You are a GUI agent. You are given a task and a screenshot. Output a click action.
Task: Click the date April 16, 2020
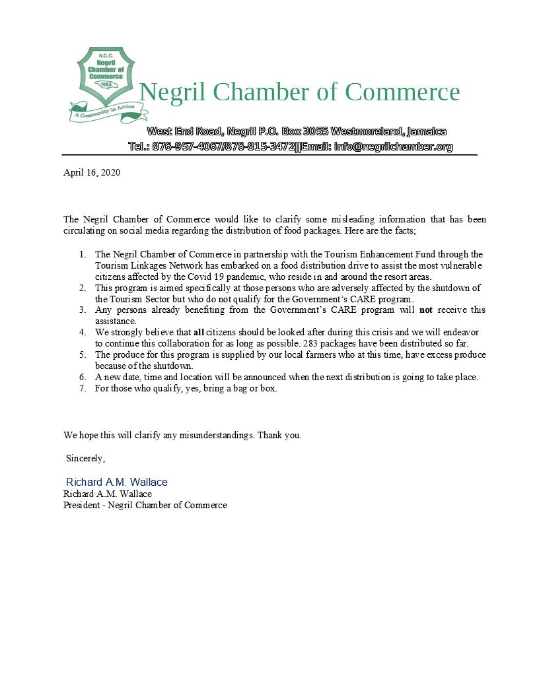tap(92, 173)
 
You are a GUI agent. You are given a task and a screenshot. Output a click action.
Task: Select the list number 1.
tap(83, 254)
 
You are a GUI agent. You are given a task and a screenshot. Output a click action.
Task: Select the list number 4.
tap(83, 332)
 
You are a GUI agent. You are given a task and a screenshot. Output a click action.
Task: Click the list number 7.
tap(83, 388)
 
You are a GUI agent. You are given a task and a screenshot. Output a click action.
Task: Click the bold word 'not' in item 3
tap(427, 310)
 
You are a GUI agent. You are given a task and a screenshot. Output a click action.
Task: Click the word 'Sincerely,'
tap(85, 458)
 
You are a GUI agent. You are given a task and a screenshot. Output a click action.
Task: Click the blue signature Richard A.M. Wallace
tap(117, 482)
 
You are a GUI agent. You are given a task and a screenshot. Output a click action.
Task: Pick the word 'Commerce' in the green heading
tap(402, 92)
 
